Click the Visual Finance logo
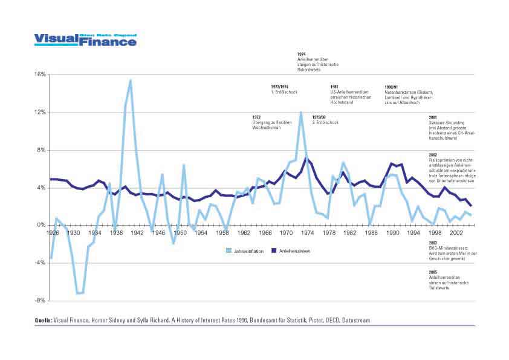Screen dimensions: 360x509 click(x=85, y=39)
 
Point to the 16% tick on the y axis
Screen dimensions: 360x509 click(x=41, y=74)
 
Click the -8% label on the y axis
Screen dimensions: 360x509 click(x=41, y=301)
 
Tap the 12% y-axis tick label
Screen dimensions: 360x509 click(x=41, y=112)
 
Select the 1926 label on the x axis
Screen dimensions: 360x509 click(x=53, y=232)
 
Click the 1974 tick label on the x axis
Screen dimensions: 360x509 click(x=308, y=232)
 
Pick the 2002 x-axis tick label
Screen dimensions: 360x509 click(x=458, y=232)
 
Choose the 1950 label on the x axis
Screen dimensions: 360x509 click(x=180, y=232)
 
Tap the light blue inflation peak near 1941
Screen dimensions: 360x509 click(x=131, y=80)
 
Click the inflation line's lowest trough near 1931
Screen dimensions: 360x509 click(x=79, y=293)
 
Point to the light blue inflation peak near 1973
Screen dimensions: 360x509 click(x=300, y=113)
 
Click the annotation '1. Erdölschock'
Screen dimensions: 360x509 click(x=283, y=91)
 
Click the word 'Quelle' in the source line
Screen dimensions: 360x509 click(x=44, y=319)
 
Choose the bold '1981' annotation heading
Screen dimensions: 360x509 click(x=334, y=87)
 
